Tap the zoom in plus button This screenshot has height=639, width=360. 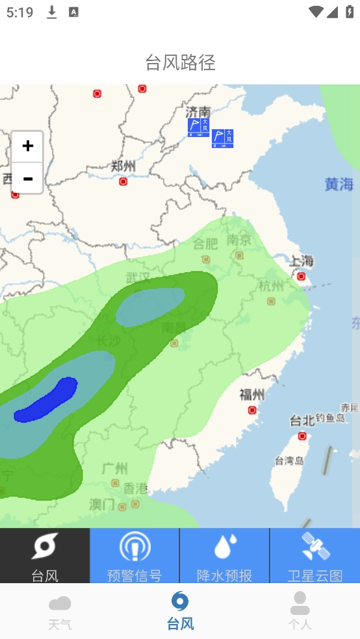[x=27, y=146]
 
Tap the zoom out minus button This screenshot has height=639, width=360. [x=27, y=179]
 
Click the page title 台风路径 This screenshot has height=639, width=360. [x=180, y=62]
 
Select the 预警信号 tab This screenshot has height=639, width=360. [x=135, y=555]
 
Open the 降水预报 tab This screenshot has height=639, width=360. [x=224, y=555]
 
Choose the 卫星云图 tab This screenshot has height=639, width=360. [x=315, y=555]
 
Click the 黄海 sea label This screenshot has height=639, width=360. [x=339, y=184]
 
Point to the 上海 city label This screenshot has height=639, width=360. [x=302, y=262]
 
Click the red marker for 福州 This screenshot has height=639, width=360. [x=252, y=410]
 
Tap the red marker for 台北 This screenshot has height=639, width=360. [x=302, y=436]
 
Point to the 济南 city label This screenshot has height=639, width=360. [x=198, y=111]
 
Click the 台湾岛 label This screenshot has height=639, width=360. [x=289, y=461]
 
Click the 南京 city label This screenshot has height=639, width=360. [x=239, y=240]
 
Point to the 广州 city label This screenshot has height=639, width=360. [x=115, y=468]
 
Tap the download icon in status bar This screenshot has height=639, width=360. [x=52, y=12]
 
